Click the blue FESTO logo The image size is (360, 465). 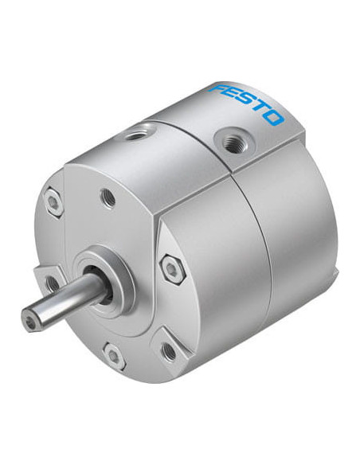click(247, 105)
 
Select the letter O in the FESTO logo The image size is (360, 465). click(272, 118)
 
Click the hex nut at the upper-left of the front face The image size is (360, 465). click(54, 202)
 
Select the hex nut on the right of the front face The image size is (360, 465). click(172, 268)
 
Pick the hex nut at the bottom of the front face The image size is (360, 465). click(114, 355)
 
